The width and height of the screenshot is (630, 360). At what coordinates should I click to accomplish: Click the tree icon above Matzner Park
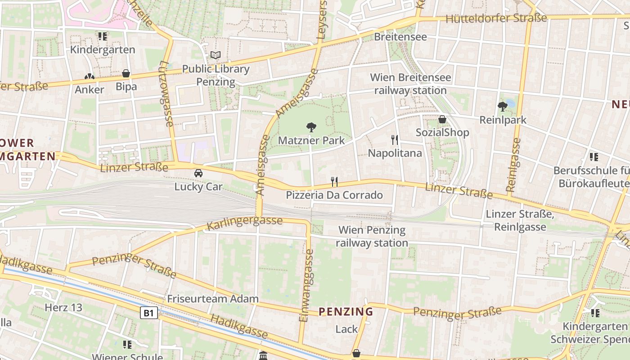310,127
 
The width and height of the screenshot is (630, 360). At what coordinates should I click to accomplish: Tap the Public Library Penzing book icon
216,55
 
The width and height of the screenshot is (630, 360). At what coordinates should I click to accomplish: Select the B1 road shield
149,313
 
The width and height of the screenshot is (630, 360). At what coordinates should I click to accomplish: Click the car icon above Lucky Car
198,173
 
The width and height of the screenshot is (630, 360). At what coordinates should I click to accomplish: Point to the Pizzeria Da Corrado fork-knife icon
334,182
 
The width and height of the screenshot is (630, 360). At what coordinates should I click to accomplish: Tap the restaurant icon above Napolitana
395,140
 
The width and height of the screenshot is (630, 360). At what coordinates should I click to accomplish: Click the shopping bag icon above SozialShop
442,119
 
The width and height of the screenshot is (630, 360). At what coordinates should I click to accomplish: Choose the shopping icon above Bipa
126,73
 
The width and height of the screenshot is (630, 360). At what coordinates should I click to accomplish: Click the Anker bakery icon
89,76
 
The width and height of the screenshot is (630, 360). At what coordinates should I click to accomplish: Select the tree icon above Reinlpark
503,107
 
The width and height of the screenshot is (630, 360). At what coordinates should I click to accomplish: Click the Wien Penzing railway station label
372,237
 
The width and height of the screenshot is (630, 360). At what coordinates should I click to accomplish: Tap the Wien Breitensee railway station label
410,84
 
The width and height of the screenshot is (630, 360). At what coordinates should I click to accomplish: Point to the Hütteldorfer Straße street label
496,18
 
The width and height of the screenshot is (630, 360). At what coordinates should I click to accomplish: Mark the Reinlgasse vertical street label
513,165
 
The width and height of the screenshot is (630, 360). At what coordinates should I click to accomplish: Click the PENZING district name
346,311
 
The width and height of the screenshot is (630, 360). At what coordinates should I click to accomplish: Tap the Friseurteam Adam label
213,298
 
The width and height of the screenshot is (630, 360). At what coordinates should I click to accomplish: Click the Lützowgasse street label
166,94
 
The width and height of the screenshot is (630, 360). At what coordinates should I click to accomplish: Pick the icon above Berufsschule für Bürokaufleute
594,157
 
